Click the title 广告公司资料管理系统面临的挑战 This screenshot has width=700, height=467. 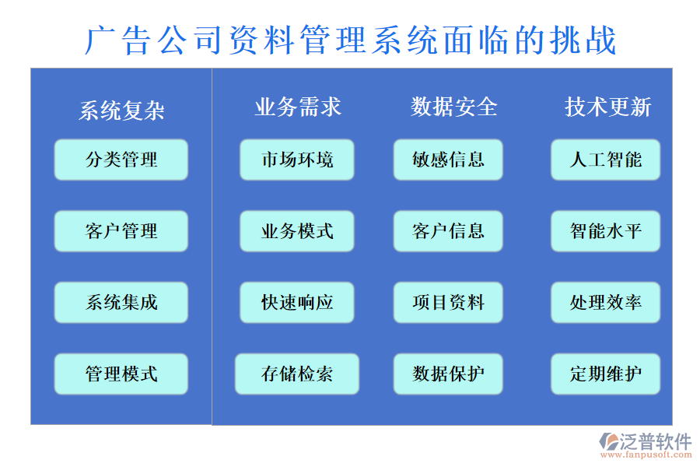(x=350, y=40)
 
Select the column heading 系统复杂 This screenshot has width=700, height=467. (x=121, y=111)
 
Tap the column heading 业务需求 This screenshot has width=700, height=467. (x=298, y=107)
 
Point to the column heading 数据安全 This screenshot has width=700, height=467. (x=454, y=107)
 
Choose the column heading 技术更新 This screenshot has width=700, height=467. (x=607, y=107)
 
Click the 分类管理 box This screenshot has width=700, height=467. (x=121, y=160)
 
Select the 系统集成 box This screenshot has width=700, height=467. (x=121, y=302)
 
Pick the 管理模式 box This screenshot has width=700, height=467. (x=121, y=374)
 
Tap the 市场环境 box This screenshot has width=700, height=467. (x=297, y=160)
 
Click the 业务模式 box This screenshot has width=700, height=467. (x=297, y=231)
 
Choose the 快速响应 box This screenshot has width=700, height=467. (x=297, y=302)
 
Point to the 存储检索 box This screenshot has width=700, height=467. (x=297, y=374)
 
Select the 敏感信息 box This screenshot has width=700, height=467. (x=448, y=160)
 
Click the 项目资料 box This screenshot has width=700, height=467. (x=448, y=302)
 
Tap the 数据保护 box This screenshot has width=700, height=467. (x=448, y=374)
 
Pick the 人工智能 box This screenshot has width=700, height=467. (x=605, y=160)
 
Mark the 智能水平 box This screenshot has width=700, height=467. (x=605, y=231)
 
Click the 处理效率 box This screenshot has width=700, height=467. (x=605, y=302)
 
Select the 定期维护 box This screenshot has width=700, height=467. (x=605, y=374)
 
